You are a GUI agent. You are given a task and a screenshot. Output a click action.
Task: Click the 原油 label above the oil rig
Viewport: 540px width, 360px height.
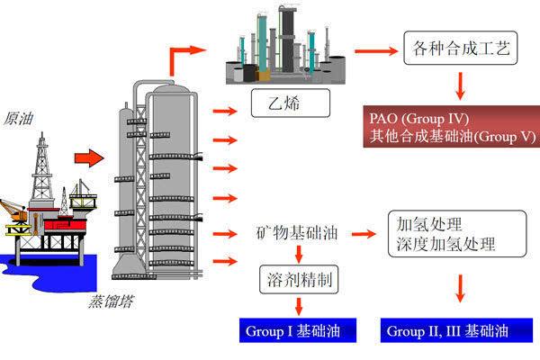point(20,118)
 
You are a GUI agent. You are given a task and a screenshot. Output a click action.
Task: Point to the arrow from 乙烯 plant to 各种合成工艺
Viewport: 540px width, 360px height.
point(364,48)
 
